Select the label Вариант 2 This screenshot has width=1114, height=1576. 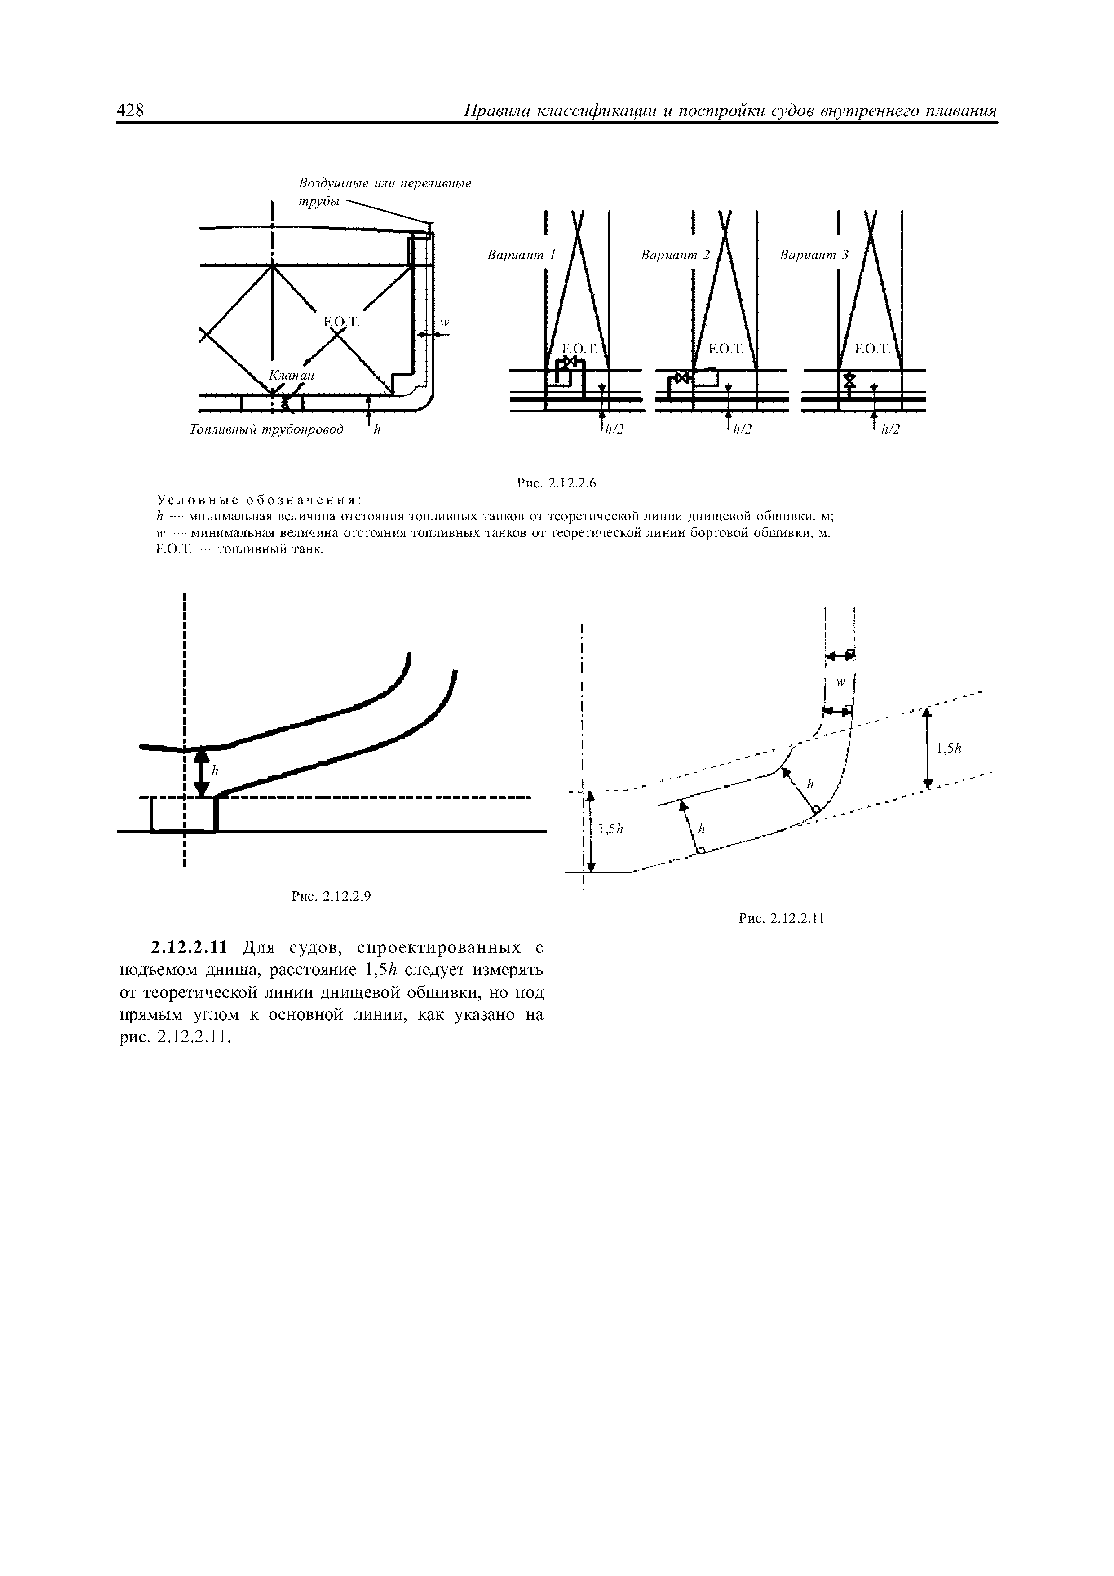point(675,255)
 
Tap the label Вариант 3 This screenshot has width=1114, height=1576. point(814,255)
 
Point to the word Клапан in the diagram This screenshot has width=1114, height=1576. point(291,376)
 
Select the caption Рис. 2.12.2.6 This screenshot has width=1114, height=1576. point(557,483)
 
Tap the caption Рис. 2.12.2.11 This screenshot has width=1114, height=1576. point(780,918)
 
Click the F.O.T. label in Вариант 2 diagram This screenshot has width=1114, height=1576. point(726,349)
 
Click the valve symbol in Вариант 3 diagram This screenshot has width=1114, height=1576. point(850,380)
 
